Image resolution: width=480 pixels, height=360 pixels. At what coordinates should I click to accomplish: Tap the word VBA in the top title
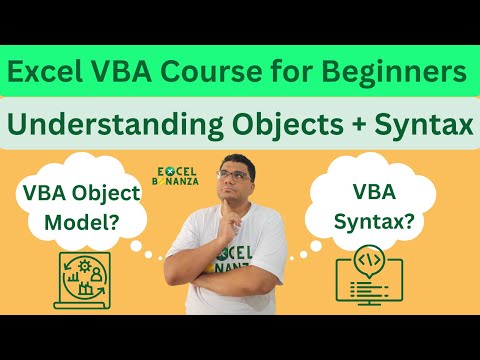click(x=133, y=73)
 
